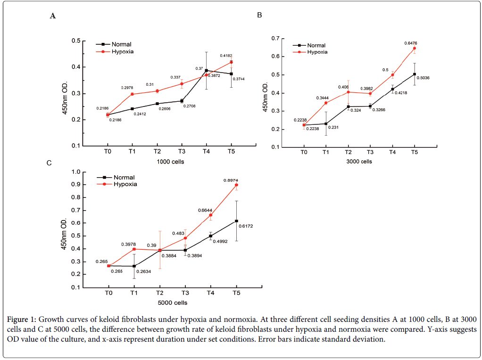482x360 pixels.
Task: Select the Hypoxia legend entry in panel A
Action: pos(122,51)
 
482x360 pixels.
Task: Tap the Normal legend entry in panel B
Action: pos(316,45)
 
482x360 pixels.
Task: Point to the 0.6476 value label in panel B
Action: pos(411,43)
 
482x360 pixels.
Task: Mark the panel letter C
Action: pos(49,163)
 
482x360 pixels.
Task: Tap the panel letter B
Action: pos(259,15)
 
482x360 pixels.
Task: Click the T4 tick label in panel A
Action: pos(206,152)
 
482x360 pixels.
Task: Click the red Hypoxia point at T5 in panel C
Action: pos(236,185)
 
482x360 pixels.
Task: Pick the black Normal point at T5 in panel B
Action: pos(415,74)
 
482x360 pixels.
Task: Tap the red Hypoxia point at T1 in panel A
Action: pos(132,94)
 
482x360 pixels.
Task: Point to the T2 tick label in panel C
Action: pos(159,293)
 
